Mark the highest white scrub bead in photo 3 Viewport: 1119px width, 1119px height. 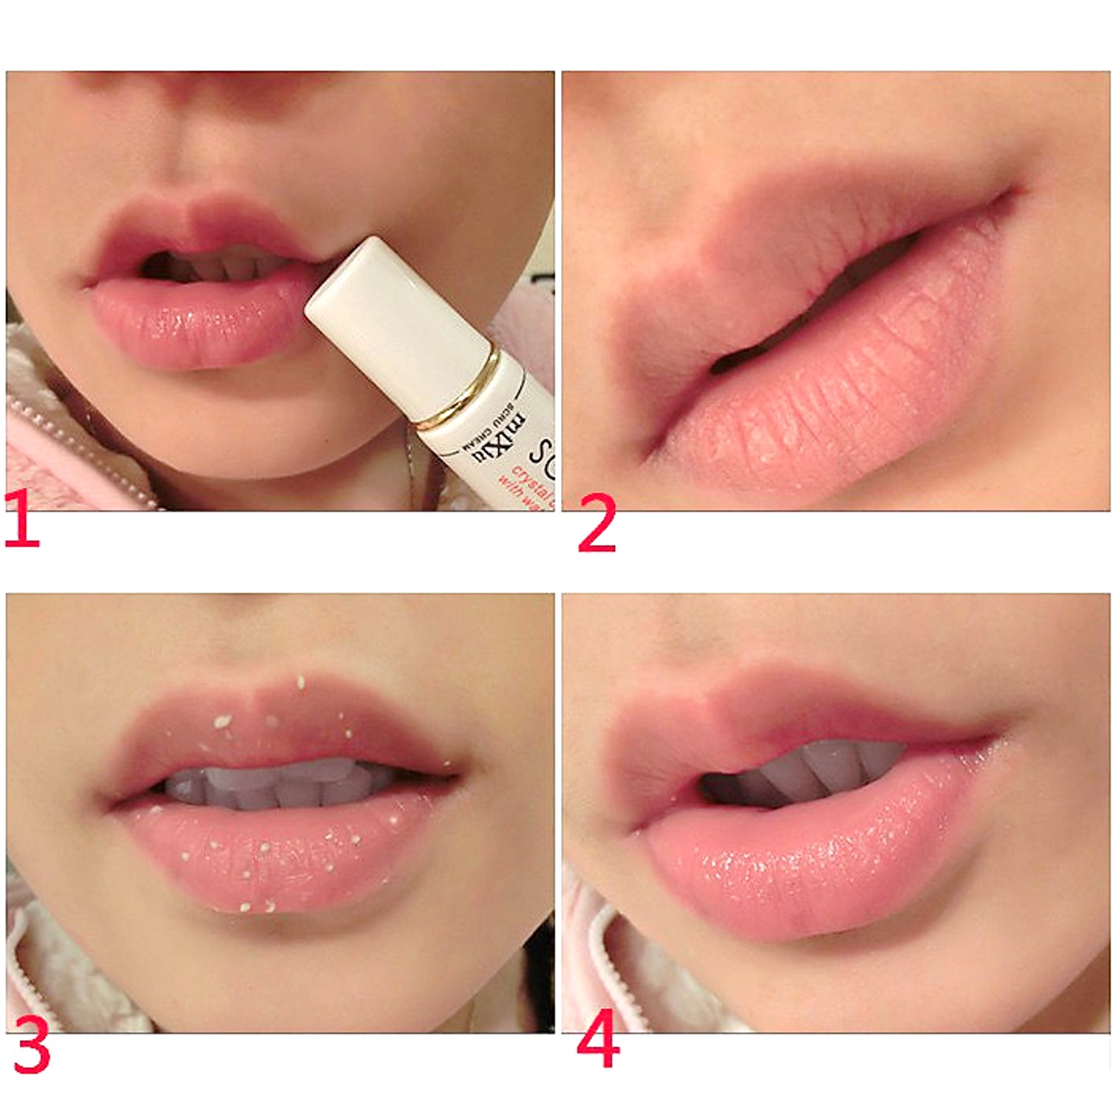tap(301, 682)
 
